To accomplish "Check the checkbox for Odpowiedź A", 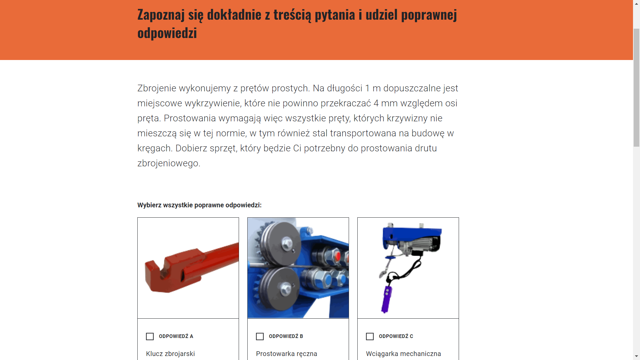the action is pos(150,336).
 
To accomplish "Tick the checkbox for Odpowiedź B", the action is pos(260,336).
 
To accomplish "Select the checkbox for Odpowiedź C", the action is pos(370,336).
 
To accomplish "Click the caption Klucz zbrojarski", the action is pos(170,354).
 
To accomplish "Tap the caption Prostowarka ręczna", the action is pos(286,354).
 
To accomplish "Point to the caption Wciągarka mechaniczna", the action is pos(403,354).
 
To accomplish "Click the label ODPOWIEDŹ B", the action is pos(286,336).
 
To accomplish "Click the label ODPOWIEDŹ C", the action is pos(396,336).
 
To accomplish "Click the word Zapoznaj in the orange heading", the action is pos(161,15).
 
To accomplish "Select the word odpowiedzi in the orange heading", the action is pos(167,33).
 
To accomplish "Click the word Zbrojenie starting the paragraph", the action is pos(157,88).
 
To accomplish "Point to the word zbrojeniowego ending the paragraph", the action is pos(169,163).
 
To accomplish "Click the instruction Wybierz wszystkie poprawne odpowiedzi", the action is pos(199,205).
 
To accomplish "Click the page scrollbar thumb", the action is pos(636,87).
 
